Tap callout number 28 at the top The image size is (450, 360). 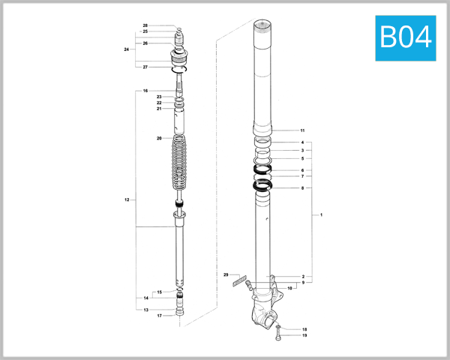pyautogui.click(x=145, y=25)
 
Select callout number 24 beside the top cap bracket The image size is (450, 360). pyautogui.click(x=127, y=49)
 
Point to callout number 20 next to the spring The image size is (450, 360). pyautogui.click(x=159, y=139)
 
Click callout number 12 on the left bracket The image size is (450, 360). pyautogui.click(x=127, y=200)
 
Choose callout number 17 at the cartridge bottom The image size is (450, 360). pyautogui.click(x=159, y=316)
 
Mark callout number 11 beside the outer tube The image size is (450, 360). pyautogui.click(x=302, y=130)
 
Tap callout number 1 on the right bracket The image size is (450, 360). pyautogui.click(x=321, y=215)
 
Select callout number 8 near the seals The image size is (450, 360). pyautogui.click(x=302, y=188)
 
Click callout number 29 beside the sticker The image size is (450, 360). pyautogui.click(x=225, y=276)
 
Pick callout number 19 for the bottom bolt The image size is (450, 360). pyautogui.click(x=304, y=336)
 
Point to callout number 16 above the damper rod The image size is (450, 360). pyautogui.click(x=145, y=91)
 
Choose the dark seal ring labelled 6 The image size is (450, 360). pyautogui.click(x=262, y=171)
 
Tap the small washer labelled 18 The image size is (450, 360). pyautogui.click(x=279, y=329)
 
